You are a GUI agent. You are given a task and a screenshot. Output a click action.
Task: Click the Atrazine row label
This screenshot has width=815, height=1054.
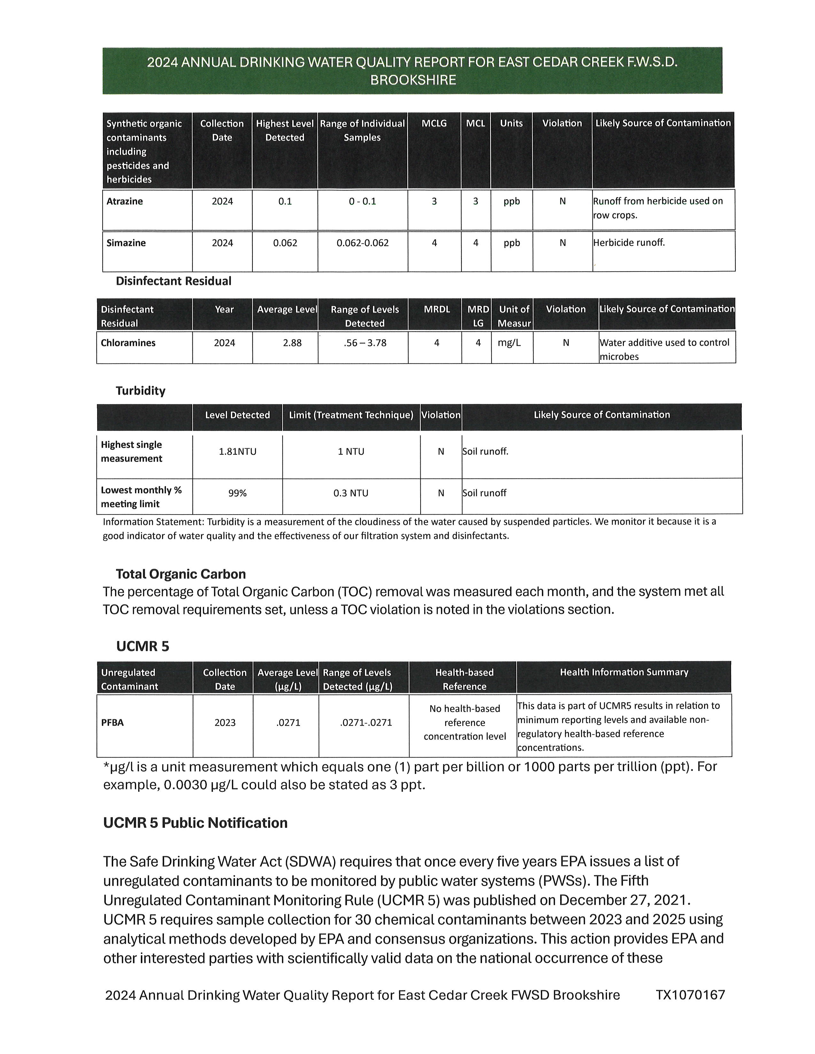click(125, 201)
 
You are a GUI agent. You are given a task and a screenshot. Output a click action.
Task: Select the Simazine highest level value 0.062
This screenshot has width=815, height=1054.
click(285, 243)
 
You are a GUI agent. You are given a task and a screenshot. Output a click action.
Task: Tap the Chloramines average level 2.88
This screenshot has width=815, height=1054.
click(292, 343)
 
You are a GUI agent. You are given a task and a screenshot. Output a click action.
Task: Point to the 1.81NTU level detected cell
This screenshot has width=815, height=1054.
click(237, 452)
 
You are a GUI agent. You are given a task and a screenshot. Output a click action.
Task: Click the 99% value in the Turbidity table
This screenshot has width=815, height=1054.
click(237, 493)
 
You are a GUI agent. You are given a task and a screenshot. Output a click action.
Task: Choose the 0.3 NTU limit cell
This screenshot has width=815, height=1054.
click(351, 493)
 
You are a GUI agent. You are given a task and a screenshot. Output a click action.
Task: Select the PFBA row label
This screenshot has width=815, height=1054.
click(113, 722)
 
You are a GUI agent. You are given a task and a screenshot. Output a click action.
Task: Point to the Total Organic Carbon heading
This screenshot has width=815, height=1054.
click(181, 574)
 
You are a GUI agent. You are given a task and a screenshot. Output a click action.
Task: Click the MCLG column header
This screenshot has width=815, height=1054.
click(434, 124)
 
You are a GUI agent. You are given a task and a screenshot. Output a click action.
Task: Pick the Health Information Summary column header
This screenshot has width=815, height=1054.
click(624, 672)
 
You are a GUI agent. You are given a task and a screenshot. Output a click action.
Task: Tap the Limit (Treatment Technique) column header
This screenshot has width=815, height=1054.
click(351, 415)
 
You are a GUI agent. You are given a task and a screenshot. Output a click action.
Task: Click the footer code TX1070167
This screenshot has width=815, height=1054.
click(690, 995)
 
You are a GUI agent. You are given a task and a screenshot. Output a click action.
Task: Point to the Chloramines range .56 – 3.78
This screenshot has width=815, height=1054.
click(365, 343)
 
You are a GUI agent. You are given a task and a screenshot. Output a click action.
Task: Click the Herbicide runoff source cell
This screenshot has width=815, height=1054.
click(629, 243)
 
